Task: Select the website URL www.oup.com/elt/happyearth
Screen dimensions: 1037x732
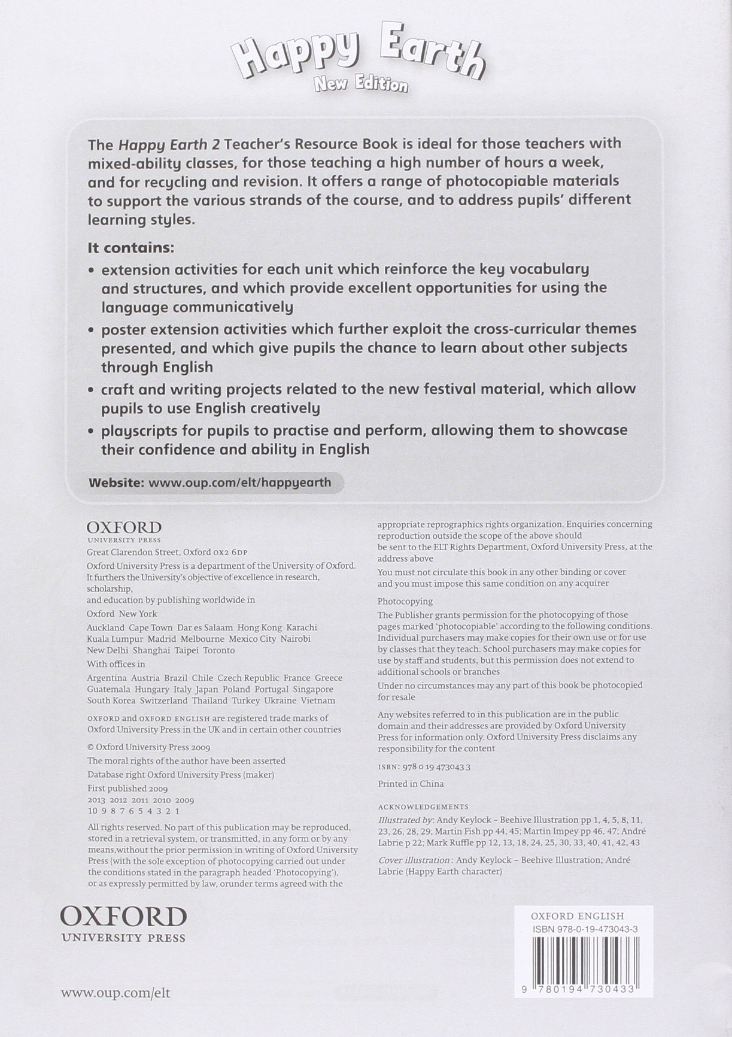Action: click(x=239, y=482)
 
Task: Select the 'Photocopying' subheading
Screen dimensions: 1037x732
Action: click(x=405, y=601)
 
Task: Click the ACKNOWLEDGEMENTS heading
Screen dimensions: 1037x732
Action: click(x=423, y=806)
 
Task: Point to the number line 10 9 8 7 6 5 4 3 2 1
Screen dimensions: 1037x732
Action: click(x=133, y=811)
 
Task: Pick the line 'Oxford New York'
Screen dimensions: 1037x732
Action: click(x=122, y=614)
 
